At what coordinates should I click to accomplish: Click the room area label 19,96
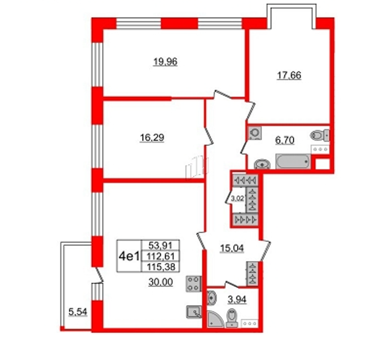[x=165, y=61]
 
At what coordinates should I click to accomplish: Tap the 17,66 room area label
[x=289, y=75]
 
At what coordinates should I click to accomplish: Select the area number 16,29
[x=152, y=138]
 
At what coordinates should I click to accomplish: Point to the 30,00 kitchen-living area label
[x=161, y=282]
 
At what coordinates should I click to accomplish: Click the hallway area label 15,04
[x=231, y=248]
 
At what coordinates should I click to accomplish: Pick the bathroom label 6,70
[x=285, y=140]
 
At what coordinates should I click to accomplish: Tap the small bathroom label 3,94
[x=237, y=300]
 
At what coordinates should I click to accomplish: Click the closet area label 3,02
[x=237, y=199]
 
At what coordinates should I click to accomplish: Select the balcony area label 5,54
[x=77, y=312]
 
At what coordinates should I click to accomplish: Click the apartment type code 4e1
[x=129, y=256]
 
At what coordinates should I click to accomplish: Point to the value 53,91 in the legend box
[x=160, y=246]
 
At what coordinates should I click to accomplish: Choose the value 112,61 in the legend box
[x=161, y=256]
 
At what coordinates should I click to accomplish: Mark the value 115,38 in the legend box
[x=161, y=267]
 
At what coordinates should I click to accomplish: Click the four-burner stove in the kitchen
[x=193, y=284]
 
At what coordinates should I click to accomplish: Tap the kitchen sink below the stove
[x=194, y=312]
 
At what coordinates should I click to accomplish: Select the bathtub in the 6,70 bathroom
[x=293, y=161]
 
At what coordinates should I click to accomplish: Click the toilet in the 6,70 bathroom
[x=320, y=135]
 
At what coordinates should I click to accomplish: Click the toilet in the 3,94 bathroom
[x=232, y=318]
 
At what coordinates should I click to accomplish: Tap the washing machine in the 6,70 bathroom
[x=255, y=133]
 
